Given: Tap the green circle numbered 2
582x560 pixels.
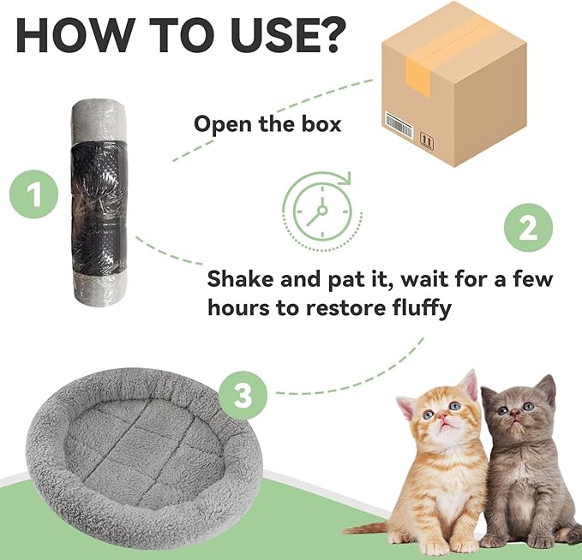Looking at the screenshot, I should pyautogui.click(x=528, y=229).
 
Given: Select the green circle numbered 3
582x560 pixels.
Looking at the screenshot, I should pyautogui.click(x=243, y=396).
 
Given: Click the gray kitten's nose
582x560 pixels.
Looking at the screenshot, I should pyautogui.click(x=512, y=419).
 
